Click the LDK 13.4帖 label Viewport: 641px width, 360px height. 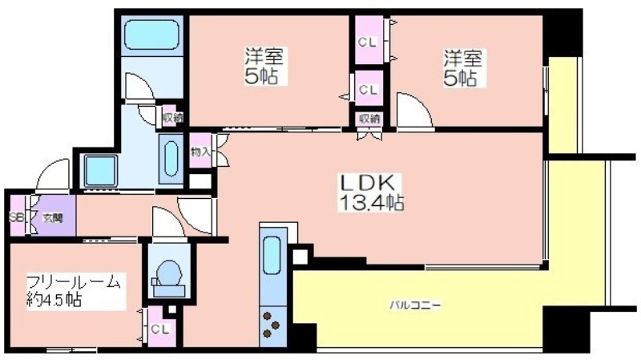pyautogui.click(x=371, y=192)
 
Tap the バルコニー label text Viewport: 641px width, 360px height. pyautogui.click(x=415, y=305)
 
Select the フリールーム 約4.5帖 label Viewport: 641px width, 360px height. pyautogui.click(x=74, y=292)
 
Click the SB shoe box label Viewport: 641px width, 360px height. pyautogui.click(x=16, y=216)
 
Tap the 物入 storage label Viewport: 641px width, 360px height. pyautogui.click(x=200, y=152)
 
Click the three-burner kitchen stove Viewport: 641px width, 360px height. pyautogui.click(x=272, y=326)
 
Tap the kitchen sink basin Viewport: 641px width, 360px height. pyautogui.click(x=272, y=256)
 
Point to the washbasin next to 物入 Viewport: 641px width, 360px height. pyautogui.click(x=171, y=159)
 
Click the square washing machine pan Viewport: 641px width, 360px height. pyautogui.click(x=101, y=171)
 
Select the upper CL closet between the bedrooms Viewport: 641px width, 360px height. pyautogui.click(x=369, y=42)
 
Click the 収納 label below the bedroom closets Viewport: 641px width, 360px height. pyautogui.click(x=369, y=119)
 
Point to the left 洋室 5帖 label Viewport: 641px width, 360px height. pyautogui.click(x=264, y=67)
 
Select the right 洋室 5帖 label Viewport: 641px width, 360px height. pyautogui.click(x=463, y=67)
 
